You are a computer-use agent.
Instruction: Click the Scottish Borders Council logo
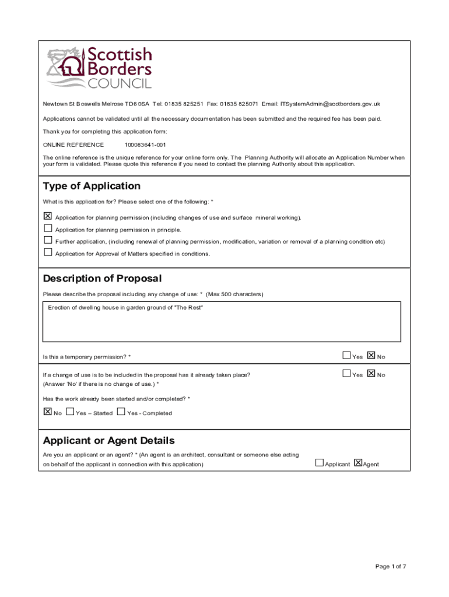pos(99,68)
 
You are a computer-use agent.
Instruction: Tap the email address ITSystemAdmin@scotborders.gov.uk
pos(330,104)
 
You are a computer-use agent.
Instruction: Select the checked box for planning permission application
pos(48,216)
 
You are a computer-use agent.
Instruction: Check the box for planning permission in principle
pos(48,229)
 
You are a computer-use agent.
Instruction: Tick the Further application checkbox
pos(48,240)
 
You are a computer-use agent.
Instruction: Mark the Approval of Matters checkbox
pos(48,252)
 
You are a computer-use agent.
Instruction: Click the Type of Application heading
pos(92,186)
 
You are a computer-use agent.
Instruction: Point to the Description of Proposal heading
pos(102,279)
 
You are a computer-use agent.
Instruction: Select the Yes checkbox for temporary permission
pos(346,355)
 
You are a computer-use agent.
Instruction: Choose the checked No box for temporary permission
pos(371,355)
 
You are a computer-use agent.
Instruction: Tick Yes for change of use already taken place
pos(346,374)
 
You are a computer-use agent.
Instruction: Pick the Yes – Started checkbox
pos(70,412)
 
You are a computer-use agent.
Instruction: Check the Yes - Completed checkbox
pos(121,412)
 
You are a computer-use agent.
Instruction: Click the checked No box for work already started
pos(48,412)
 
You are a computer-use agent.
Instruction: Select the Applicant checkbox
pos(319,463)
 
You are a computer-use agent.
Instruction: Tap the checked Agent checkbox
pos(357,463)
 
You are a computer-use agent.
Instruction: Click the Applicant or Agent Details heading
pos(108,440)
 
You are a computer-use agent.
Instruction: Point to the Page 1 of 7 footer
pos(391,566)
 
